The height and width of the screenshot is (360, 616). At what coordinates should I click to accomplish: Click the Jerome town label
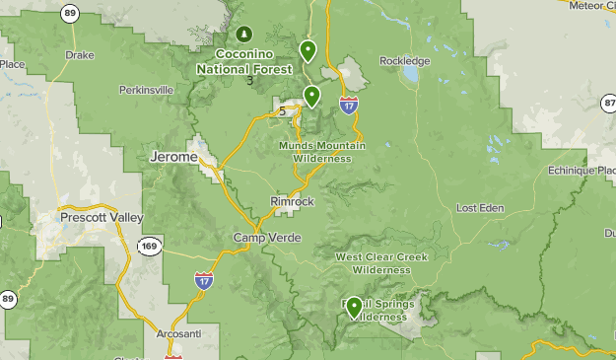point(172,157)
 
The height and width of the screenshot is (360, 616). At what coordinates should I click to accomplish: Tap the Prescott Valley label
point(102,217)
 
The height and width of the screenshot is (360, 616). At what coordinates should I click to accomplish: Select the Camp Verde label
point(267,239)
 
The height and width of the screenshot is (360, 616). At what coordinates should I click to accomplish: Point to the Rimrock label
point(292,201)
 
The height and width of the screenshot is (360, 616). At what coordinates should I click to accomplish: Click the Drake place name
point(79,56)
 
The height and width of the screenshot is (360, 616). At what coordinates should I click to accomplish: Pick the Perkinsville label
point(146,90)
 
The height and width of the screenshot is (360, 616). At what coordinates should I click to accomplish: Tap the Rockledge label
point(404,61)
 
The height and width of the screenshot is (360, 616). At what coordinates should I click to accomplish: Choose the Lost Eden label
point(480,208)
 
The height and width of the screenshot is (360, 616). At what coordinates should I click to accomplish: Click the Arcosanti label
point(178,334)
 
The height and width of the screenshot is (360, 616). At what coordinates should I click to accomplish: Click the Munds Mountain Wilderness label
point(322,152)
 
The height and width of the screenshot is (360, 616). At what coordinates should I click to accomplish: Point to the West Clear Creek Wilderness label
point(380,262)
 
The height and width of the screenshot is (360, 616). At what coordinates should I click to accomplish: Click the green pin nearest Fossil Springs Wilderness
point(353,306)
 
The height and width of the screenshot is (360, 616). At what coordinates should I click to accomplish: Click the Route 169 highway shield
point(149,246)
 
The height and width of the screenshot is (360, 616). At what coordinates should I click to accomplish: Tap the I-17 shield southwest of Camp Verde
point(203,281)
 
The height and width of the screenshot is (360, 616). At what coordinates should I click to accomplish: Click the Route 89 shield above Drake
point(68,13)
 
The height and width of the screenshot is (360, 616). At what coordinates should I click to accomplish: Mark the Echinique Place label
point(582,170)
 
